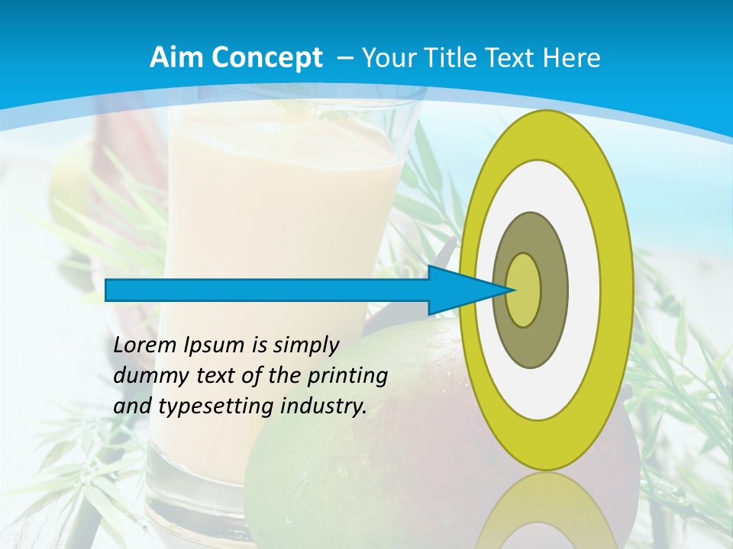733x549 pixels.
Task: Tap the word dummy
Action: (x=148, y=376)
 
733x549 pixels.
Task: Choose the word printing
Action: (x=347, y=377)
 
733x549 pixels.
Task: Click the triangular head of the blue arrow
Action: (x=465, y=291)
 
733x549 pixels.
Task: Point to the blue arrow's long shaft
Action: (x=267, y=291)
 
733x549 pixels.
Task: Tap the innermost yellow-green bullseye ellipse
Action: (x=523, y=290)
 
